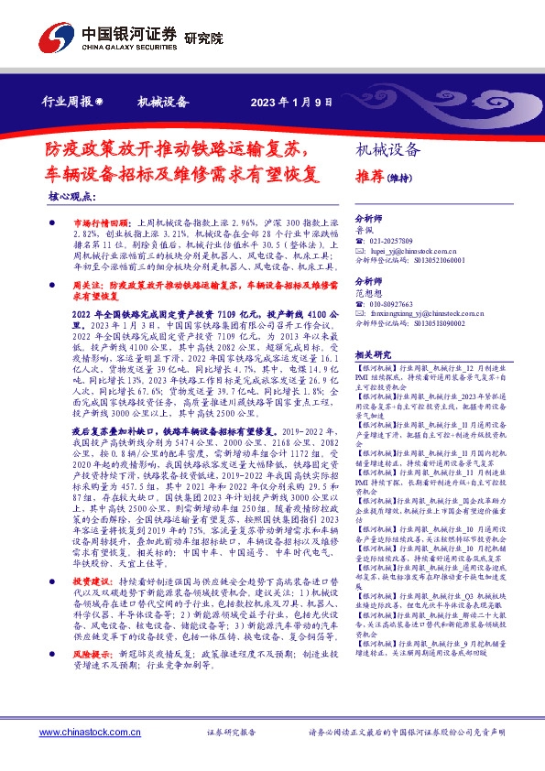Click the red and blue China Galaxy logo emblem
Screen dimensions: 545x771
point(53,36)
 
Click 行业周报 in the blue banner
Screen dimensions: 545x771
point(66,102)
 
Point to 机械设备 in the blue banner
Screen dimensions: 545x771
point(162,102)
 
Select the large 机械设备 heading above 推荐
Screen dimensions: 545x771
point(387,150)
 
